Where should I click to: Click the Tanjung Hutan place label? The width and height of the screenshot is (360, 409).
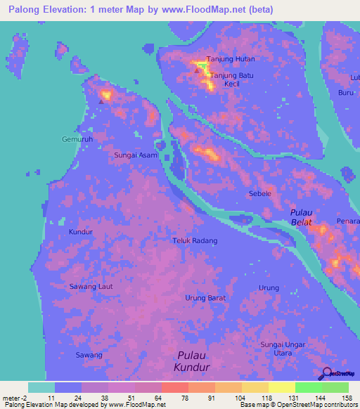coord(230,59)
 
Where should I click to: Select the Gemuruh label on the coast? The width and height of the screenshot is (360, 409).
coord(77,138)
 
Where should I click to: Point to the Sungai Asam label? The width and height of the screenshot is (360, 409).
coord(136,155)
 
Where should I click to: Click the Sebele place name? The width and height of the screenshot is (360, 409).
coord(260,193)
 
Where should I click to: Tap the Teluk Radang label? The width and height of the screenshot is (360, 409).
coord(195,240)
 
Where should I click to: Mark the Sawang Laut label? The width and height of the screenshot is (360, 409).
coord(91,286)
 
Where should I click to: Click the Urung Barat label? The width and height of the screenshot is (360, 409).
coord(205,298)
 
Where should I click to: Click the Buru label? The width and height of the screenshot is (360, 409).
coord(345,92)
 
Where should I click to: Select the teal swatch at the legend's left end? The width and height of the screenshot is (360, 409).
coord(41,387)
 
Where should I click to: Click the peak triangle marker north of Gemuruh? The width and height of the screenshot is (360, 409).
coord(101,101)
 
